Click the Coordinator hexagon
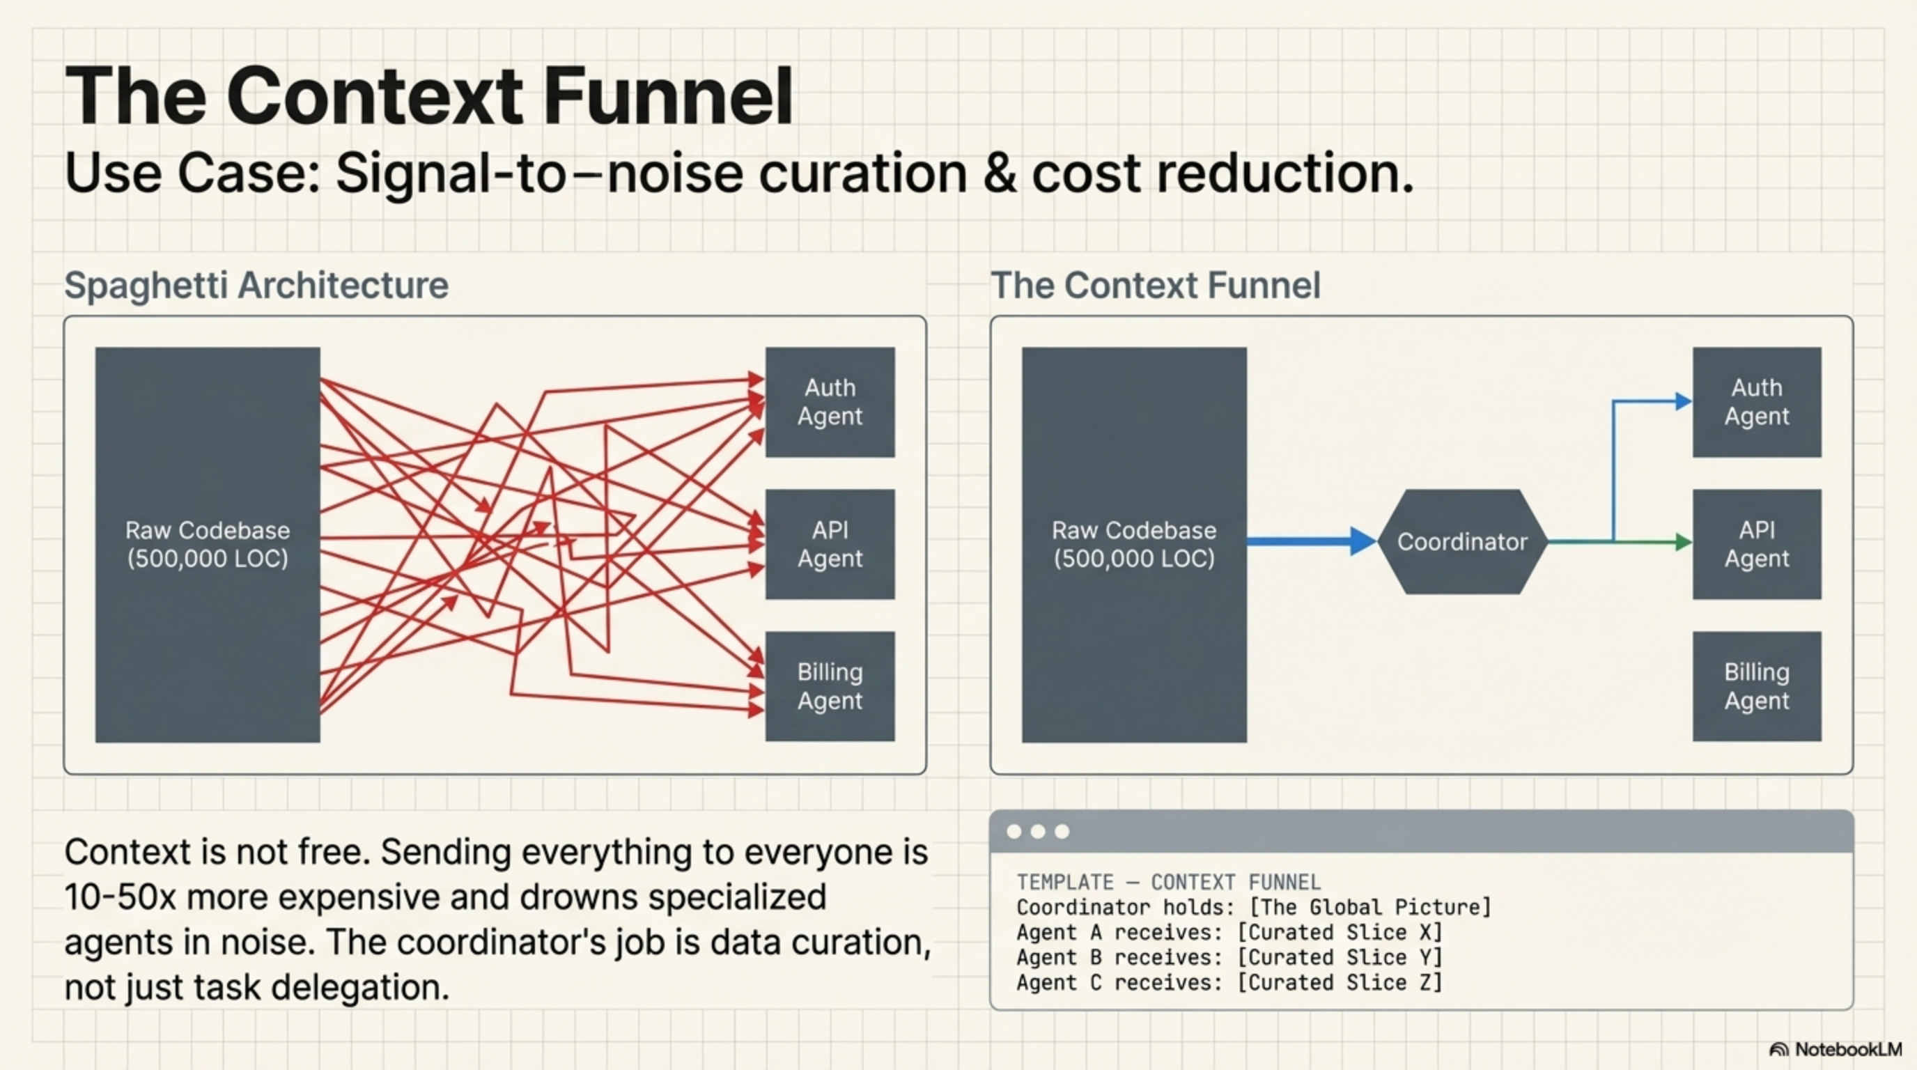click(x=1462, y=542)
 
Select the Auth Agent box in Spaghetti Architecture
click(x=830, y=402)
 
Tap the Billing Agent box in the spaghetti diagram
click(x=830, y=686)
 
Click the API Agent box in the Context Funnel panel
click(x=1756, y=544)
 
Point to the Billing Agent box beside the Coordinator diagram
click(x=1756, y=686)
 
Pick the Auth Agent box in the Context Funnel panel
click(x=1756, y=402)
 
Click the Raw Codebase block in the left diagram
click(x=208, y=544)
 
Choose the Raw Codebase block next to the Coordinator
click(x=1133, y=544)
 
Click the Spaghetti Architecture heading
click(x=256, y=286)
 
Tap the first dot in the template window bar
click(x=1014, y=831)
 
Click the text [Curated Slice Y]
click(x=1340, y=958)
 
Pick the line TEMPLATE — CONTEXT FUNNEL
click(x=1168, y=883)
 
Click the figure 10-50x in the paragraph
click(x=120, y=897)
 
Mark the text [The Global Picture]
click(x=1370, y=908)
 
